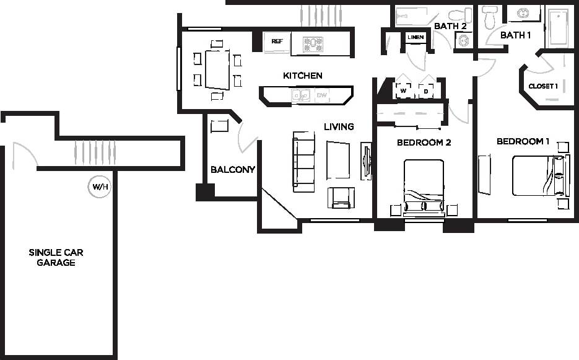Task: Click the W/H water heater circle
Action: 99,186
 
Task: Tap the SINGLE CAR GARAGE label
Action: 56,257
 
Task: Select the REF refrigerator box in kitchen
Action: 277,42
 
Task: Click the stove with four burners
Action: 313,44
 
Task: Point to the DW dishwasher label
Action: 322,95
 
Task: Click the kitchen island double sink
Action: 301,95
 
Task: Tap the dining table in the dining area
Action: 217,69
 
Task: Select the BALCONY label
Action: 233,169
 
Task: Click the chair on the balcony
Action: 220,126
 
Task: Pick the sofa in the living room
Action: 303,160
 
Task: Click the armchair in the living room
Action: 341,198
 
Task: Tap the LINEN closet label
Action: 415,37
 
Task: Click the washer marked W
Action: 403,89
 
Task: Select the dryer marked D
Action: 426,89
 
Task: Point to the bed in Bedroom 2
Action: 424,186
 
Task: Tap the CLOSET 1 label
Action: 543,86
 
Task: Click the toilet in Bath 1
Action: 489,18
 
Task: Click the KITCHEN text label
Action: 303,76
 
